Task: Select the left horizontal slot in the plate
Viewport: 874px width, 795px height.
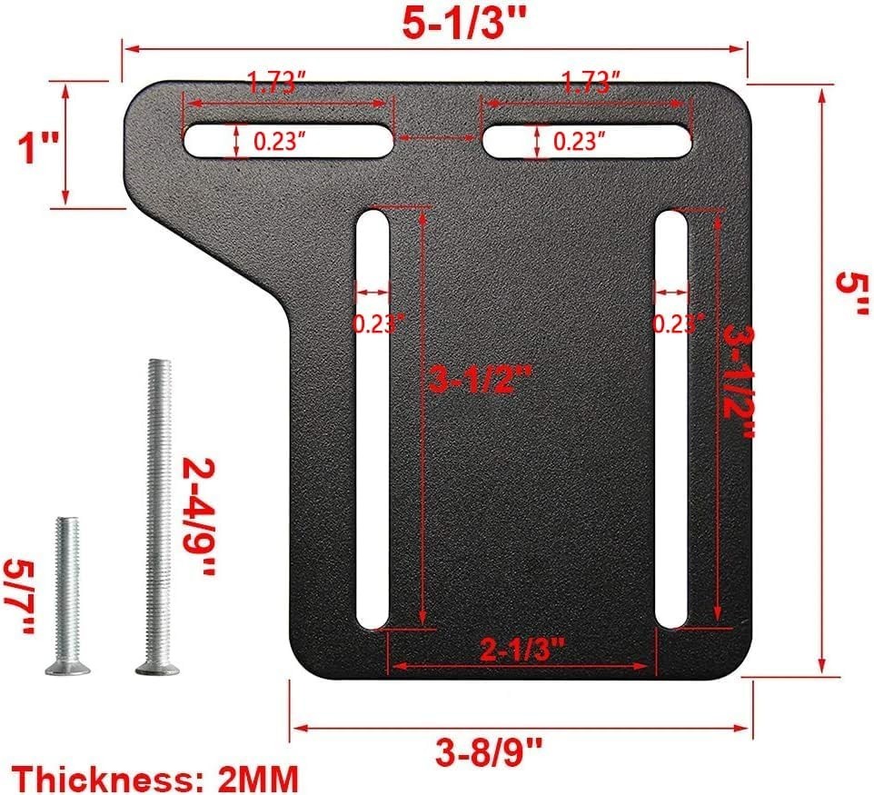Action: click(204, 142)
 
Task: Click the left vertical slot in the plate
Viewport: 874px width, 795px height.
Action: click(372, 454)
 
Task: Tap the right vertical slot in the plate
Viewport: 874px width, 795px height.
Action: click(671, 454)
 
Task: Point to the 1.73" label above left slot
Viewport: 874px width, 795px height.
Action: click(275, 85)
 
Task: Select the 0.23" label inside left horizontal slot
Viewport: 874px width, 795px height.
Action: click(279, 142)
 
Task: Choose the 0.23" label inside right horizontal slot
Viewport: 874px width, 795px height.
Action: click(581, 142)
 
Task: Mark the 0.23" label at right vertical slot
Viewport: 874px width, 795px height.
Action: click(679, 323)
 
